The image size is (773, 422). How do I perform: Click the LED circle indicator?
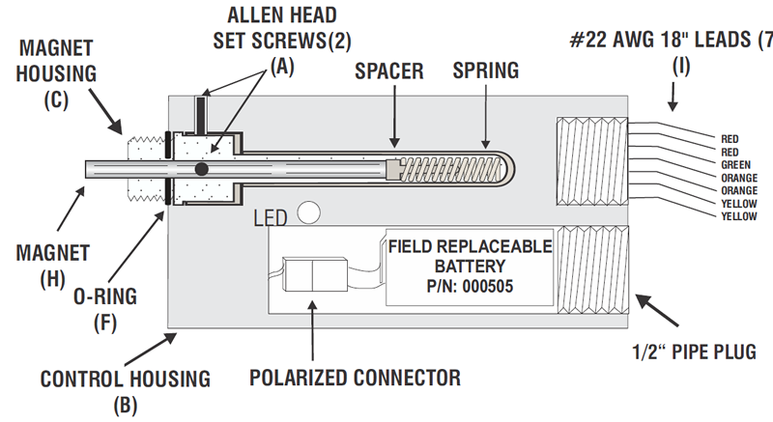[x=309, y=211]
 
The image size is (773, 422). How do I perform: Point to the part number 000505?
[x=484, y=286]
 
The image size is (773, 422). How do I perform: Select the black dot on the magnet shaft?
[x=201, y=169]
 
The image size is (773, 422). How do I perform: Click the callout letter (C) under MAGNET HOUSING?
[x=69, y=99]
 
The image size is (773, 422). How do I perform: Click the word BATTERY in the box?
[x=470, y=266]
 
